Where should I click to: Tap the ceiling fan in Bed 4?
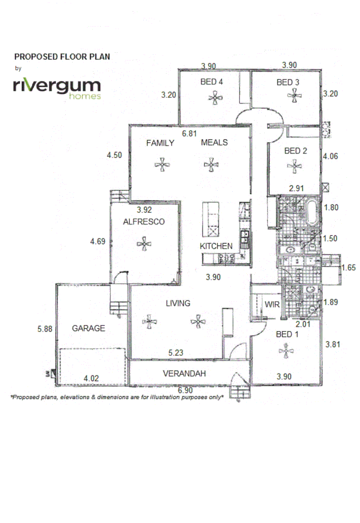point(214,98)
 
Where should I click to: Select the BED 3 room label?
point(288,82)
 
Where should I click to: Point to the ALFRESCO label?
point(144,222)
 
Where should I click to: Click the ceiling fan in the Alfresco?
point(144,244)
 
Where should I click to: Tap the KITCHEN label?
point(216,246)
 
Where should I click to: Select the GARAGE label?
point(89,328)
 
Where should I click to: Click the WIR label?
point(270,305)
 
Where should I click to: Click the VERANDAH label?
point(184,373)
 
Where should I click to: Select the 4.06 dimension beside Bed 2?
point(331,156)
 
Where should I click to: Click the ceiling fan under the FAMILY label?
point(162,165)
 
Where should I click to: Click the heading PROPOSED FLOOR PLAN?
point(62,57)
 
